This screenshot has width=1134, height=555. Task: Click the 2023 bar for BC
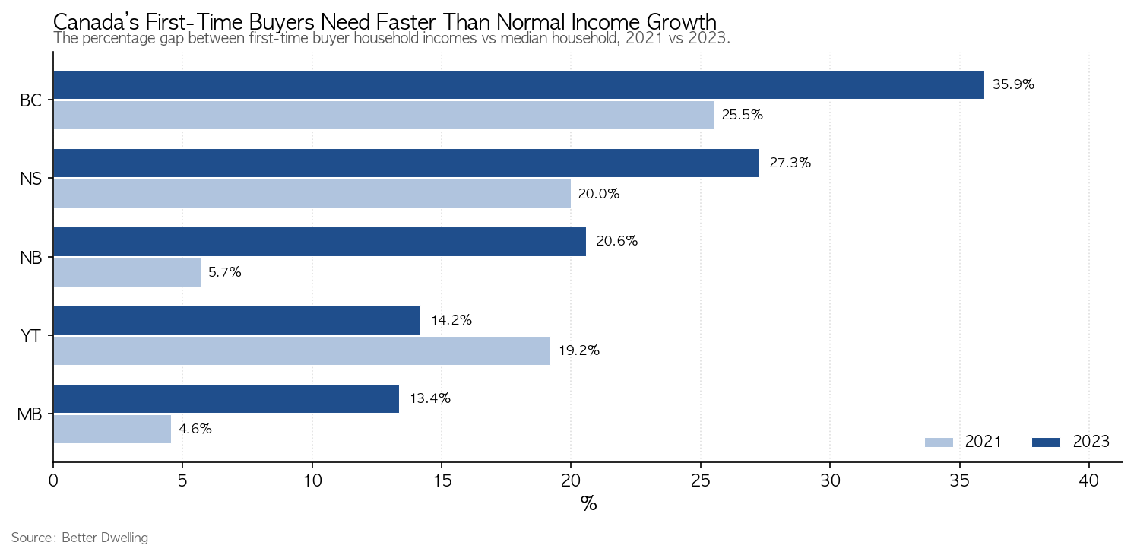point(518,84)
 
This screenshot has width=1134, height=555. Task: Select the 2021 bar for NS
point(312,194)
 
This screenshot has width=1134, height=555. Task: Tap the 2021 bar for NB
point(127,272)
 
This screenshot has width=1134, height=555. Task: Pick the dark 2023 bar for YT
point(237,320)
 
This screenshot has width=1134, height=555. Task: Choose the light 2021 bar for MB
point(112,430)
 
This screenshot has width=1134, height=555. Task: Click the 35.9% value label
point(1013,84)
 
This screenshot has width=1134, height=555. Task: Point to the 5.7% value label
point(225,272)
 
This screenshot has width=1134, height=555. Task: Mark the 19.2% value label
point(579,350)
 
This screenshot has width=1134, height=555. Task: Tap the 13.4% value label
point(429,398)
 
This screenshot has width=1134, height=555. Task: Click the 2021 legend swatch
point(939,442)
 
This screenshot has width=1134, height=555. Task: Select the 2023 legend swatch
point(1046,442)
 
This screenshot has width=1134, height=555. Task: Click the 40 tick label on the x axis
point(1089,480)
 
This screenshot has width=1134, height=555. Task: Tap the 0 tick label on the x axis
point(53,480)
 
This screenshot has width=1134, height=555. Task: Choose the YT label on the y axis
point(31,336)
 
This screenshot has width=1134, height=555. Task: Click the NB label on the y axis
point(31,258)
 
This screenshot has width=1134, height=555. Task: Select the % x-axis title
point(588,504)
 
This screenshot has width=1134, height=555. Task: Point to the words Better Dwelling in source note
point(105,538)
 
